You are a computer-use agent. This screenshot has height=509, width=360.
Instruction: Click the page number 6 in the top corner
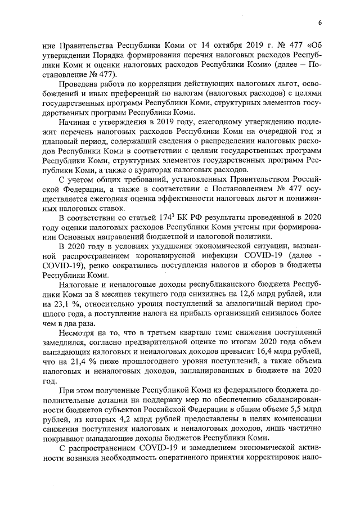[319, 23]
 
